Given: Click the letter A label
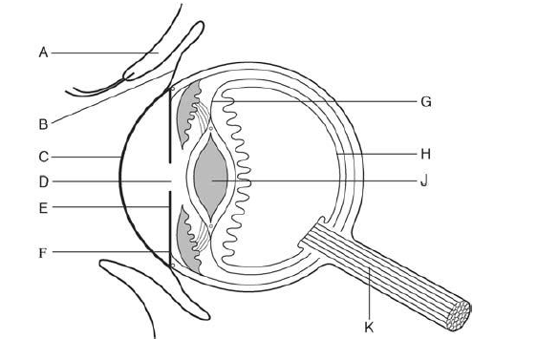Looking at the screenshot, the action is click(x=43, y=53).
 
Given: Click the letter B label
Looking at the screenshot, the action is click(x=43, y=122).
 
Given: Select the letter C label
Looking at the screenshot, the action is click(x=43, y=156).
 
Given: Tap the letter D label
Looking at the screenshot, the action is click(x=43, y=181).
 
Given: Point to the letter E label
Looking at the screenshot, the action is click(x=43, y=206).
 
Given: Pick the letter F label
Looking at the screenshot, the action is click(x=43, y=252).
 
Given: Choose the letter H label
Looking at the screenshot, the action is click(x=426, y=153).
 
